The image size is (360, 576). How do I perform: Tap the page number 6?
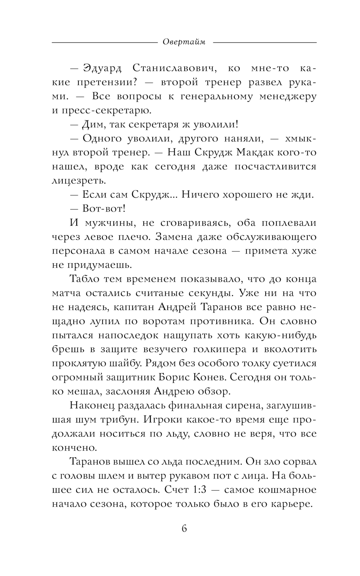tap(184, 528)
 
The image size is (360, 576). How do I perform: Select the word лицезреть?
tap(79, 181)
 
